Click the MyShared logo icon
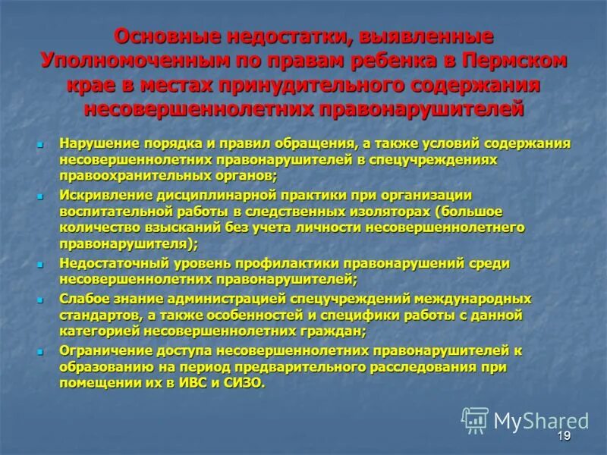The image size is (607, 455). point(475,419)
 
